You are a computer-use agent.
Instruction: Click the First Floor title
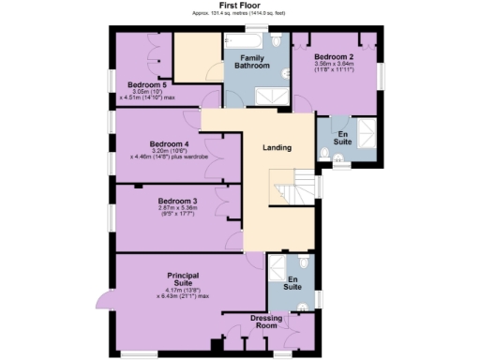(x=239, y=6)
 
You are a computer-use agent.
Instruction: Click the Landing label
(x=277, y=148)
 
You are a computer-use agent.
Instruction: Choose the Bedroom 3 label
(x=177, y=202)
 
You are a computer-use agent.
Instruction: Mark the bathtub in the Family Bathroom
(x=246, y=39)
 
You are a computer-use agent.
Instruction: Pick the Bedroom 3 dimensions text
(x=177, y=212)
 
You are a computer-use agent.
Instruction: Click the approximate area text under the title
(x=239, y=14)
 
